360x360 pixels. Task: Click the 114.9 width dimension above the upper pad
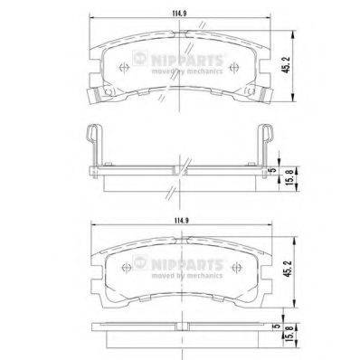[x=185, y=12]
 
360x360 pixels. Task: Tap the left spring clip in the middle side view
[x=91, y=145]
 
